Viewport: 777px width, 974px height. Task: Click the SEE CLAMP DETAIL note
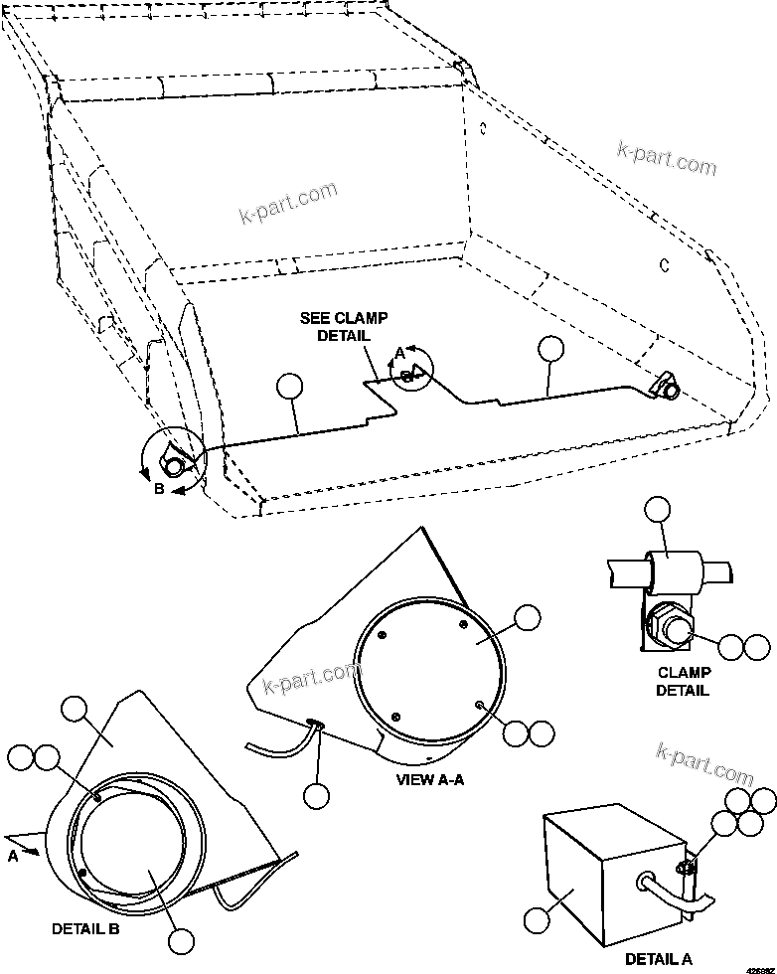pos(344,326)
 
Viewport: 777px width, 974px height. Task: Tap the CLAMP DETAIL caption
pos(683,681)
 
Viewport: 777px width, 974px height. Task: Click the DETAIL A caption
pos(659,958)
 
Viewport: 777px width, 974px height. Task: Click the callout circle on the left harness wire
pos(288,386)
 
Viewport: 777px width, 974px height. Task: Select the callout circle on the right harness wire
pos(549,348)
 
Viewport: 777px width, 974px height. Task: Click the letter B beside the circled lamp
pos(159,488)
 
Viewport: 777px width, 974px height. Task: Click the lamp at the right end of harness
pos(669,388)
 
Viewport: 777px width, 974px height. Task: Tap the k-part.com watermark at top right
pos(666,156)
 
